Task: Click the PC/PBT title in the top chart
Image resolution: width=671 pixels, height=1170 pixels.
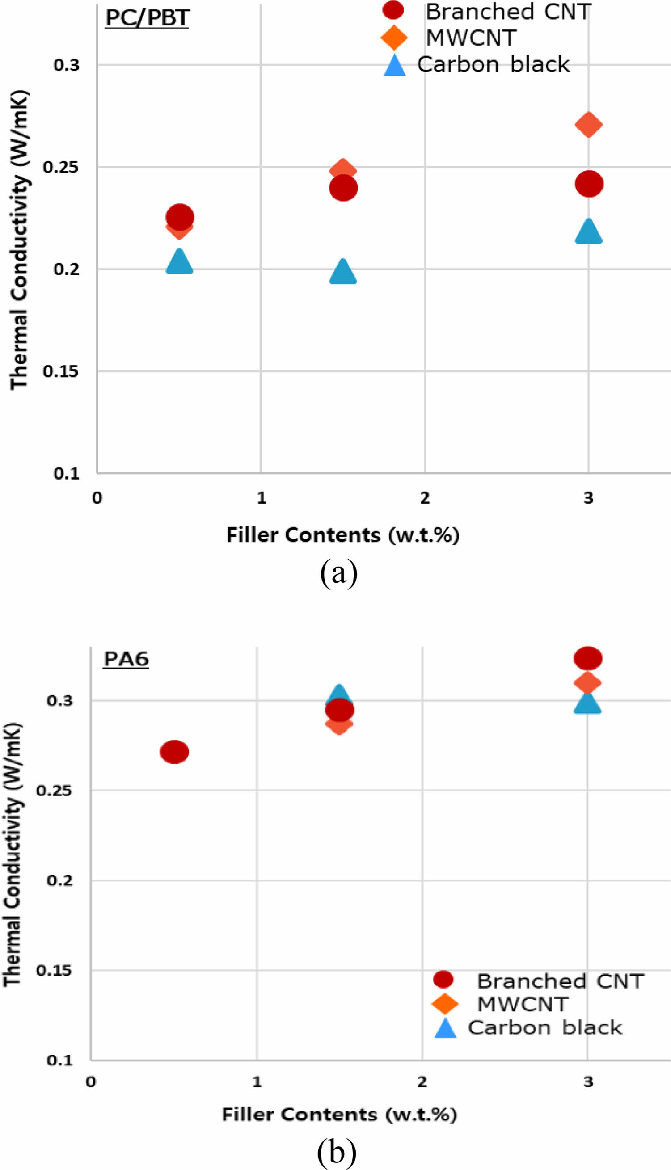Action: [147, 18]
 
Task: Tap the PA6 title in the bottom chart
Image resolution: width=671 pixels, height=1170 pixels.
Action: [126, 659]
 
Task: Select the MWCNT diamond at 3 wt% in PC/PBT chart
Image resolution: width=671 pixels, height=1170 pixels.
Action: [588, 124]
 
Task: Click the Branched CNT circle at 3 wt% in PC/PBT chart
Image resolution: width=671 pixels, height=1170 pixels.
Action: [589, 184]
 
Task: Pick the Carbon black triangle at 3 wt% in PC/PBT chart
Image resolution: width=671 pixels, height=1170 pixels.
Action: [588, 231]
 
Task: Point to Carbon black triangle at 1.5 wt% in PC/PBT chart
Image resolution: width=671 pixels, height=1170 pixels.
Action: [343, 272]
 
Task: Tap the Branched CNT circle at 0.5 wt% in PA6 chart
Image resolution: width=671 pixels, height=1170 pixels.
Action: [174, 752]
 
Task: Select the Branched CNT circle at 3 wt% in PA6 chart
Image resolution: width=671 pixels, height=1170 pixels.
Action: [587, 658]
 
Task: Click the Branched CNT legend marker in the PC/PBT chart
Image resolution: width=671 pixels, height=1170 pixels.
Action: [393, 11]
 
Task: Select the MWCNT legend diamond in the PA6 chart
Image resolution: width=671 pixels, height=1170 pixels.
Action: [445, 1004]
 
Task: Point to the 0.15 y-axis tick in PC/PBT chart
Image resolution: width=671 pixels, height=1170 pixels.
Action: [60, 371]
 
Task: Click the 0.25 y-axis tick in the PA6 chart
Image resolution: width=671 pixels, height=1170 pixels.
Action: [54, 791]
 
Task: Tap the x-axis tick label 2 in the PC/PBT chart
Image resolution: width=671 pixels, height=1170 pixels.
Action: [424, 498]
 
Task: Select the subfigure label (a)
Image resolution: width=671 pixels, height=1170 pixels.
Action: [339, 572]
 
